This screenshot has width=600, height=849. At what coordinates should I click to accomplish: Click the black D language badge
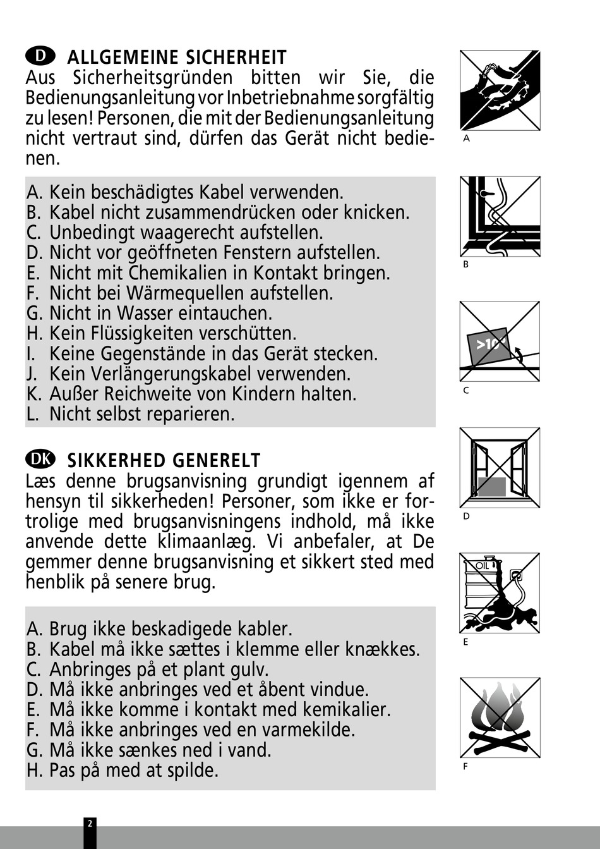point(40,56)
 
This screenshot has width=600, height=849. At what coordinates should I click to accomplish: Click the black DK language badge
point(40,458)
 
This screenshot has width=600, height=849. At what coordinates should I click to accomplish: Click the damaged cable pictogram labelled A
point(500,90)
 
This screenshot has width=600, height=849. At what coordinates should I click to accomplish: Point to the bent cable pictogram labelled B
point(500,216)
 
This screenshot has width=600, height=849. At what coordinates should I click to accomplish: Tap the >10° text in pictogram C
point(490,344)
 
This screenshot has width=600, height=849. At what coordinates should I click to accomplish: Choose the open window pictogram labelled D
point(500,468)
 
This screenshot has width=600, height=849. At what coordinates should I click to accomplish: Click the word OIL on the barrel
point(483,565)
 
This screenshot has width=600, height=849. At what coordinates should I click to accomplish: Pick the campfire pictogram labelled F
point(500,717)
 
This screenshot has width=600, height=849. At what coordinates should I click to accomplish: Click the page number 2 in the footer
point(90,824)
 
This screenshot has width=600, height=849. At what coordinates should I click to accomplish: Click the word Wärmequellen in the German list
point(186,293)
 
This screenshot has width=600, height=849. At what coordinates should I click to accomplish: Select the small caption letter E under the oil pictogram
point(465,642)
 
